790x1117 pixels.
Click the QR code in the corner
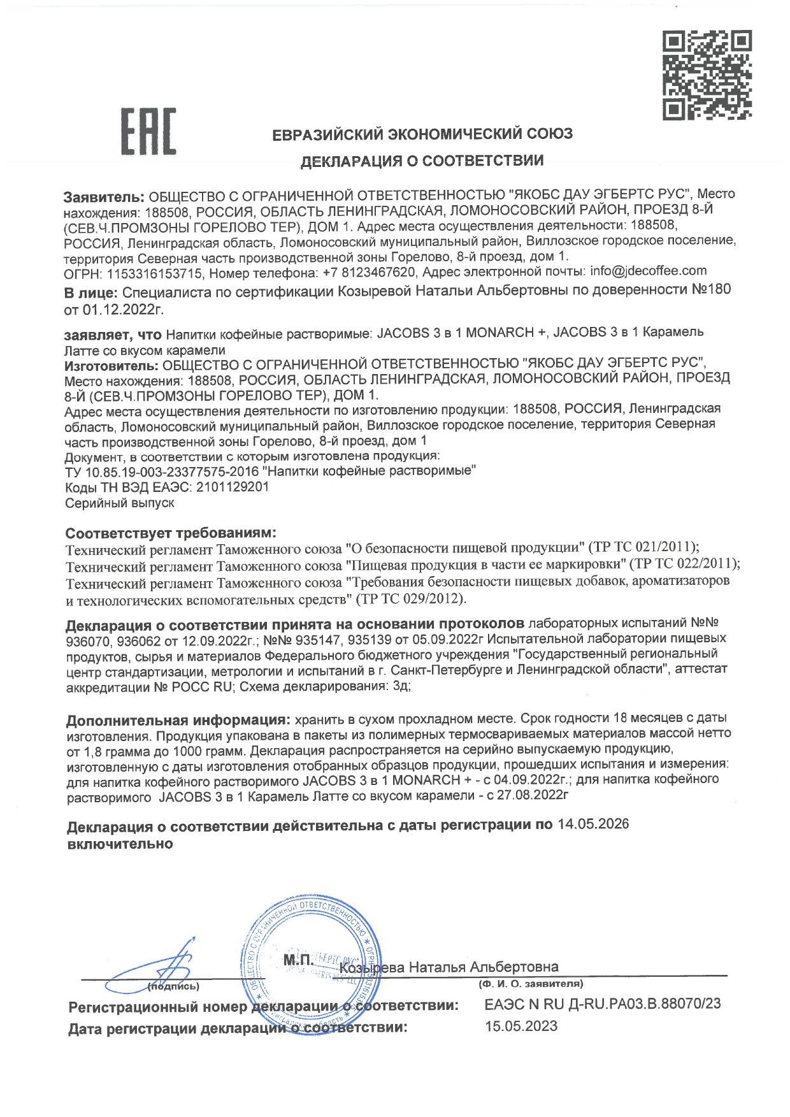[707, 75]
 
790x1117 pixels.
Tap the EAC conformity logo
[149, 132]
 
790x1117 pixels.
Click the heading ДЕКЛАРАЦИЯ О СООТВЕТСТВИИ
[422, 161]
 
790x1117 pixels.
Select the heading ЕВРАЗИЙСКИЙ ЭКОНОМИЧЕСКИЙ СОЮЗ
[422, 134]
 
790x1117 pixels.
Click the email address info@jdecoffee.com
[648, 271]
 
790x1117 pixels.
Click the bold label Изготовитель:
[111, 364]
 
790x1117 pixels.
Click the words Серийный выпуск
[120, 503]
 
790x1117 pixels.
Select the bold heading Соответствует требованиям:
[171, 533]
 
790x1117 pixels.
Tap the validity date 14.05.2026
[592, 825]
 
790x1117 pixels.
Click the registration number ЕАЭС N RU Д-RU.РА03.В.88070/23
[602, 1004]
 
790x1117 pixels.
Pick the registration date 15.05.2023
[521, 1027]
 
